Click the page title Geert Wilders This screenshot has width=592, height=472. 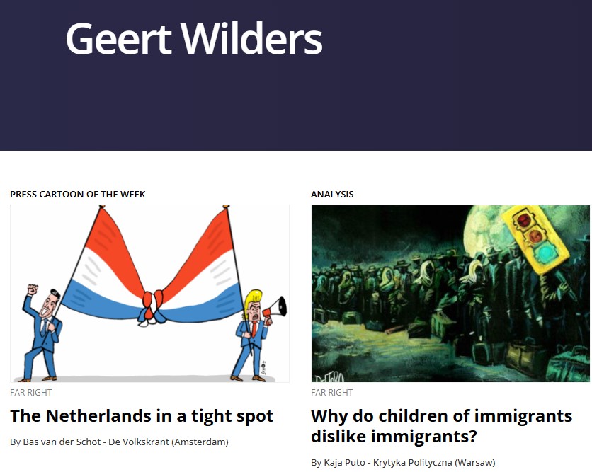194,38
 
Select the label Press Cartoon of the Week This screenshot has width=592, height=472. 78,195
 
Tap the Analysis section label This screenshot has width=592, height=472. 332,195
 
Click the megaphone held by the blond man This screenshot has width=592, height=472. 275,308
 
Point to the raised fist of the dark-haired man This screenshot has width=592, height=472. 33,289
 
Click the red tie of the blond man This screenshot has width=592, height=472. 255,329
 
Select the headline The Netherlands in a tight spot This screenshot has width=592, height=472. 142,416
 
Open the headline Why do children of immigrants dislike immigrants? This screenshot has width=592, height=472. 441,426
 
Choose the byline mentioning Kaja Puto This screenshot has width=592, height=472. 403,462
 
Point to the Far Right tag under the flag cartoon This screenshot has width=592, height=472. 31,393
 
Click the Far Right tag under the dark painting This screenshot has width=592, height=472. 332,393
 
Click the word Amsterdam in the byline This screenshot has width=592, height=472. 200,442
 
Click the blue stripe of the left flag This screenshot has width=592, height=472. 101,303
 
